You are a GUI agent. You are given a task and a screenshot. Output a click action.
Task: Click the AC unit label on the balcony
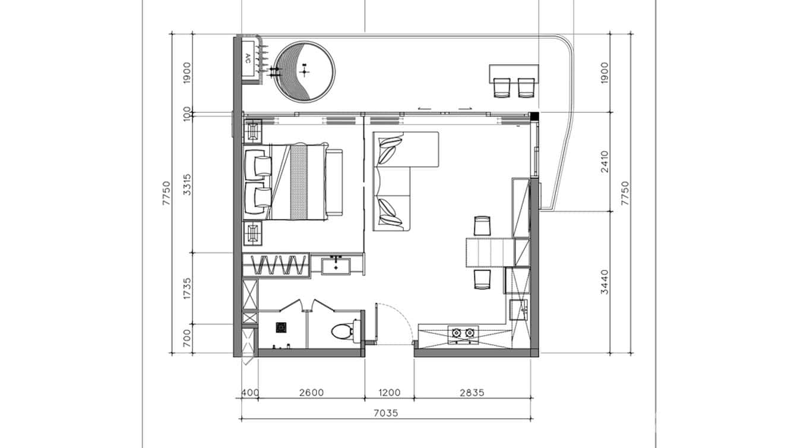(247, 58)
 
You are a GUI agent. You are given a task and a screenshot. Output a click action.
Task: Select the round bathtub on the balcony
(305, 71)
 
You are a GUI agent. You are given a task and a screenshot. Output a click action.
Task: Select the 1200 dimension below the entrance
(389, 392)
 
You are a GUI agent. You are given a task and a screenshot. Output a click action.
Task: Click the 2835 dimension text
(472, 392)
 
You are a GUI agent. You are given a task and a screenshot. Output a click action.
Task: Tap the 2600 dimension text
(311, 392)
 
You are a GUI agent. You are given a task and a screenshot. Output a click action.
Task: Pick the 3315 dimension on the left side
(188, 185)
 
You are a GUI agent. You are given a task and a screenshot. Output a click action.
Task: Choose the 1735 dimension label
(188, 288)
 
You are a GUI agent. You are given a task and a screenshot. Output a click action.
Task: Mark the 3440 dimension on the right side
(605, 282)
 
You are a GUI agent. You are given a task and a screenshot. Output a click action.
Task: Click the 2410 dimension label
(605, 162)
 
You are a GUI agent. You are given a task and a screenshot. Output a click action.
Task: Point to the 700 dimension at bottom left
(188, 338)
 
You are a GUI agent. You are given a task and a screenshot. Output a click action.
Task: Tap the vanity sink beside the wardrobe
(337, 264)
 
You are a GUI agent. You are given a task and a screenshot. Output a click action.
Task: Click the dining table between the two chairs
(489, 252)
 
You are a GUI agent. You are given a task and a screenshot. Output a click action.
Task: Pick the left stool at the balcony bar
(502, 87)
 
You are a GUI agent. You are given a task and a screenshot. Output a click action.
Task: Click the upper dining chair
(482, 226)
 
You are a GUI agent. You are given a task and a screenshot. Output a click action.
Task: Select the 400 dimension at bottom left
(249, 392)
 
